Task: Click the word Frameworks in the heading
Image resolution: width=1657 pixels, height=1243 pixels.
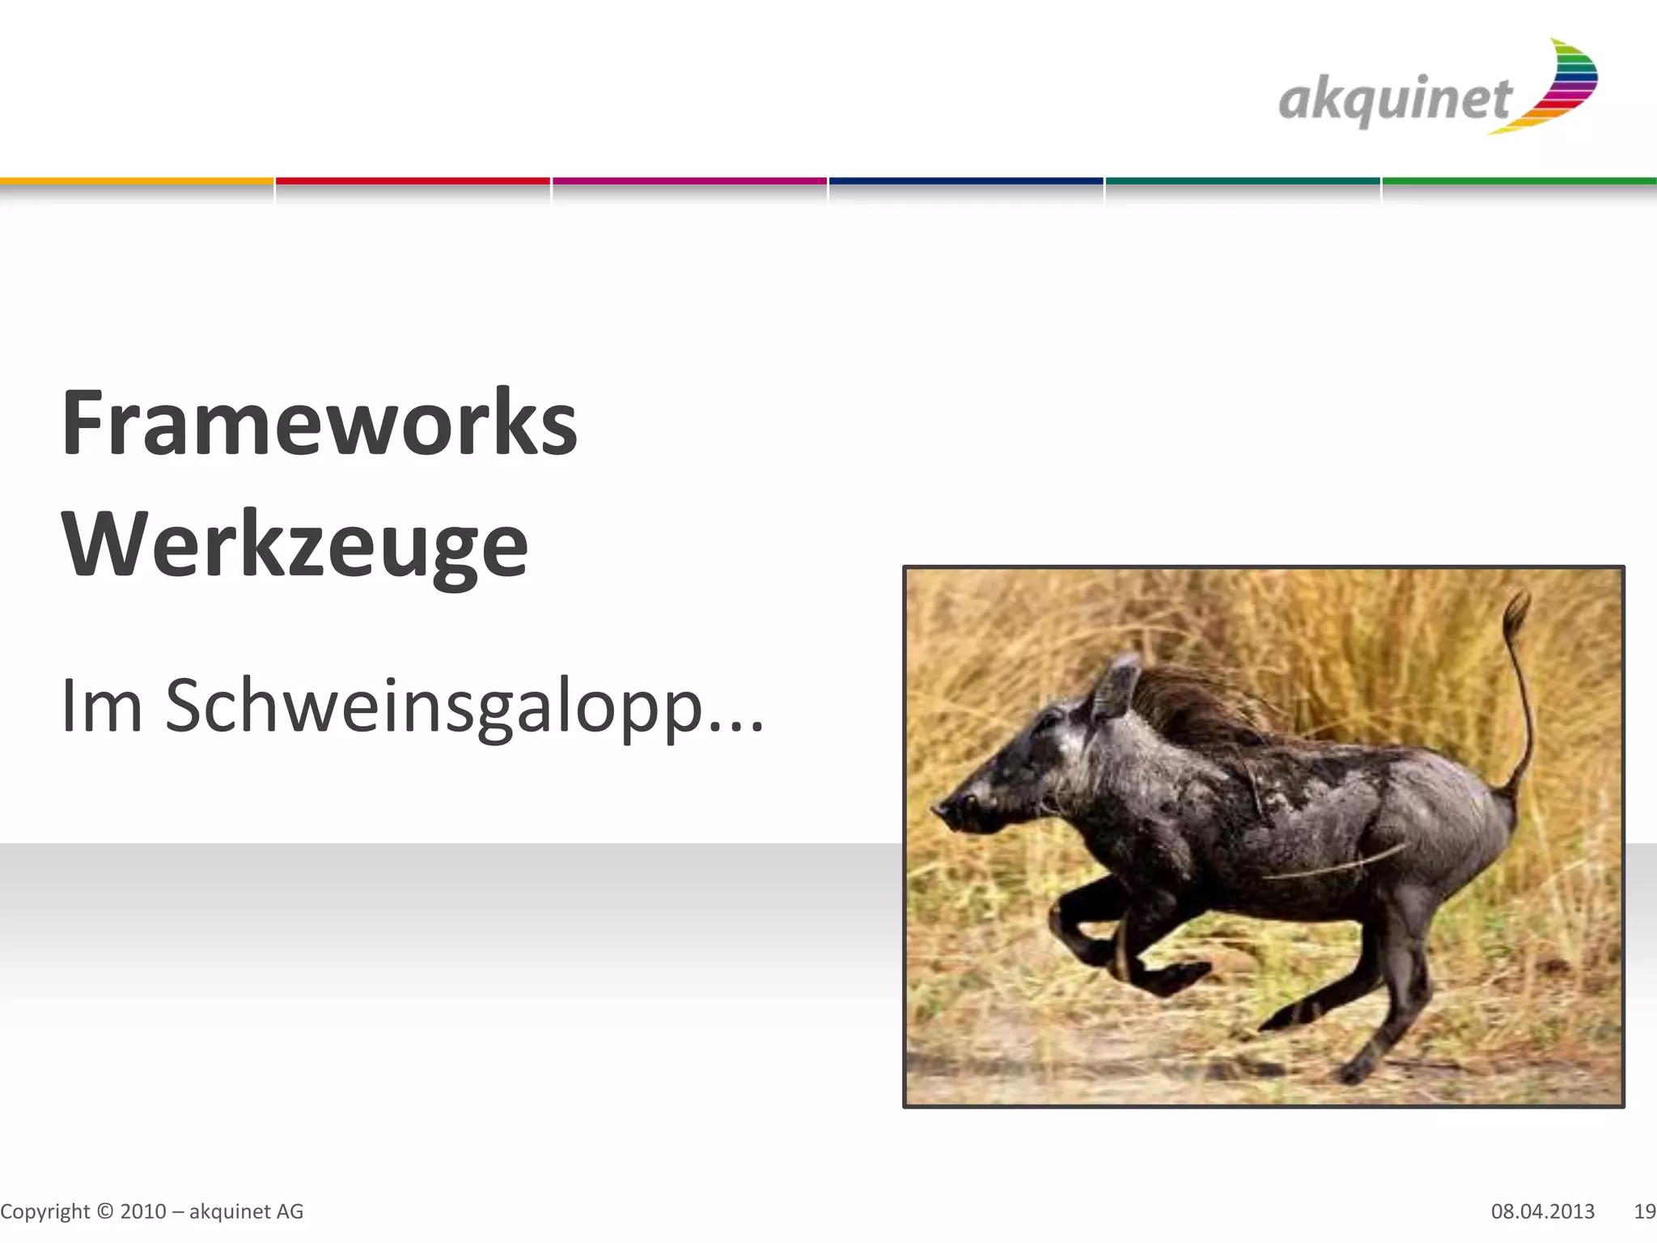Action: [x=320, y=423]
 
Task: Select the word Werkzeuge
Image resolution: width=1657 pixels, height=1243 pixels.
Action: [x=295, y=545]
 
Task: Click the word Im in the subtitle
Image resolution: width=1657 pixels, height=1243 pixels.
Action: [x=101, y=706]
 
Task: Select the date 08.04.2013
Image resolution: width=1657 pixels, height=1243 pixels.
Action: [x=1542, y=1211]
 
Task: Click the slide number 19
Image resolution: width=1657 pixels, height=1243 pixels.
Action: [x=1644, y=1211]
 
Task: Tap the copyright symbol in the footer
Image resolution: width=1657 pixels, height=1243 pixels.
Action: [x=105, y=1211]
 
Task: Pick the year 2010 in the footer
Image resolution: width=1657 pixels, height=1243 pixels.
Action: [x=143, y=1211]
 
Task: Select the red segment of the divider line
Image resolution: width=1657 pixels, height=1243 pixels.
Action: [x=413, y=181]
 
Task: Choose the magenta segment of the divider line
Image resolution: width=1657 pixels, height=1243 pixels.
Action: [x=689, y=181]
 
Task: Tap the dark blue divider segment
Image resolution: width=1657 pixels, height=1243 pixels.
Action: [x=966, y=181]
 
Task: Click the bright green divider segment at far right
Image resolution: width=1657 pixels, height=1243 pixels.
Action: [x=1519, y=181]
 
